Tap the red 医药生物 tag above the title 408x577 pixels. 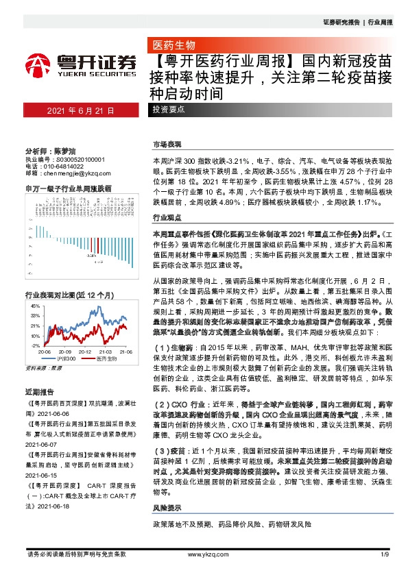click(174, 45)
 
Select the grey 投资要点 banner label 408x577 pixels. click(169, 110)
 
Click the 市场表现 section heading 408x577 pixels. click(167, 145)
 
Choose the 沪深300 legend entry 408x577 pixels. click(66, 358)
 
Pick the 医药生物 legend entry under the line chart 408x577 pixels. click(104, 358)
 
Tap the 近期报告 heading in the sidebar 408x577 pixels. click(37, 391)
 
